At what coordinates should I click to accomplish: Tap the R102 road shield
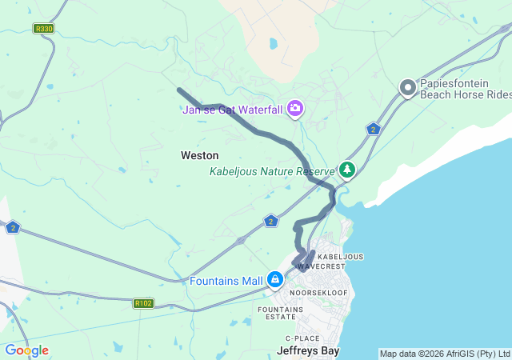[144, 303]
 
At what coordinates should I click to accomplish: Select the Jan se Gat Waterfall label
[233, 110]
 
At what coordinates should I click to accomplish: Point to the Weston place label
[199, 154]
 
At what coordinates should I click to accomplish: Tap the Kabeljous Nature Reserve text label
[271, 171]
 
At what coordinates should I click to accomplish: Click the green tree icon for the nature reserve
[346, 170]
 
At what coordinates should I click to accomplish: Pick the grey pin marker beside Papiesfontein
[408, 88]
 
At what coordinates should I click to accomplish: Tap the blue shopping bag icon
[274, 280]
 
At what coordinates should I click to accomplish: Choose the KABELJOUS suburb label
[341, 256]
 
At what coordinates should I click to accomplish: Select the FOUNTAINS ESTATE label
[281, 313]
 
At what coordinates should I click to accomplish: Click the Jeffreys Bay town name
[308, 350]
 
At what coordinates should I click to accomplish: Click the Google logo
[26, 350]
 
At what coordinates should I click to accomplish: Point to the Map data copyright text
[444, 354]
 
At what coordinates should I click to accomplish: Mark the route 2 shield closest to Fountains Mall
[271, 221]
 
